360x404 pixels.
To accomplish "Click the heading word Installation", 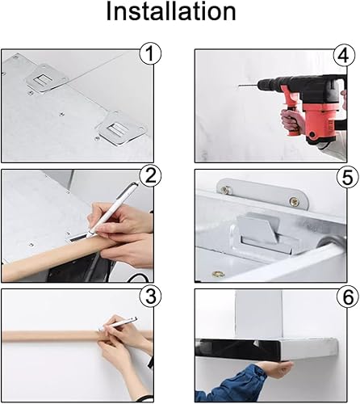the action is coord(171,11).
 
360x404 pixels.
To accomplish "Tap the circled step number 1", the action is coord(150,53).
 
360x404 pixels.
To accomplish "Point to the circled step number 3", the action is coord(150,296).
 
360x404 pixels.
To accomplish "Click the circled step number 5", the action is coord(348,177).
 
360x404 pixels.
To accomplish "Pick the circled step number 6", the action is coord(349,297).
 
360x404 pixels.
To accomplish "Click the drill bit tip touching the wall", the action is coord(239,86).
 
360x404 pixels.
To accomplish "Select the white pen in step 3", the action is coord(118,324).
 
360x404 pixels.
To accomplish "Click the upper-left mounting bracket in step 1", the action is coord(46,78).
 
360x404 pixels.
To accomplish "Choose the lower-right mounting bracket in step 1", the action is coord(121,128).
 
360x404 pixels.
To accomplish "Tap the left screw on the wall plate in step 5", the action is coord(225,191).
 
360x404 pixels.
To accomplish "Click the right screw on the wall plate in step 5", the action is coord(293,200).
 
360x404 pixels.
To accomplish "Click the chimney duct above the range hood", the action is coord(259,314).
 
